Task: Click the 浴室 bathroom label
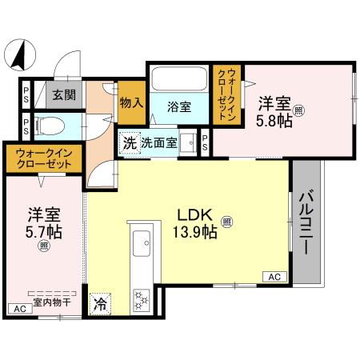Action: coord(178,106)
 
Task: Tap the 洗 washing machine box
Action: coord(129,144)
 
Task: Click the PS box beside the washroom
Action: coord(204,142)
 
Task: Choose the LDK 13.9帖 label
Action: coord(194,223)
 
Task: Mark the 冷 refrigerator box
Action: coord(101,303)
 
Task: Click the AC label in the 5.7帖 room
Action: coord(18,308)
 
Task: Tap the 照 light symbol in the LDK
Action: coord(227,221)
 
